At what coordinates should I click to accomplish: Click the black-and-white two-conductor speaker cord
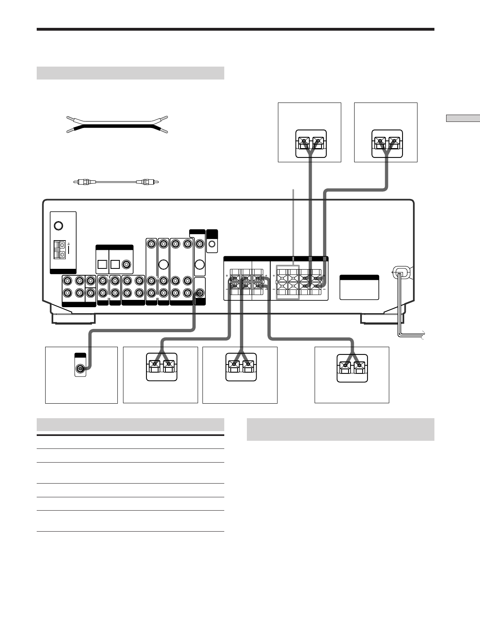coord(117,124)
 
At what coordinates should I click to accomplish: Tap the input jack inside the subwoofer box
coord(81,368)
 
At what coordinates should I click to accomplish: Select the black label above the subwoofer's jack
coord(80,355)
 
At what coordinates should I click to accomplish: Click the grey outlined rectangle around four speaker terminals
coord(287,282)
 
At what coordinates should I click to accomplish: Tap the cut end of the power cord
coord(422,334)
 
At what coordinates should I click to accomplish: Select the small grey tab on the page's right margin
coord(463,118)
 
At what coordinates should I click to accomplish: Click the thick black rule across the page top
coord(235,29)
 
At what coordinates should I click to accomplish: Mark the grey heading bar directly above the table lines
coord(130,425)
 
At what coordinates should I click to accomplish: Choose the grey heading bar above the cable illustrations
coord(130,73)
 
